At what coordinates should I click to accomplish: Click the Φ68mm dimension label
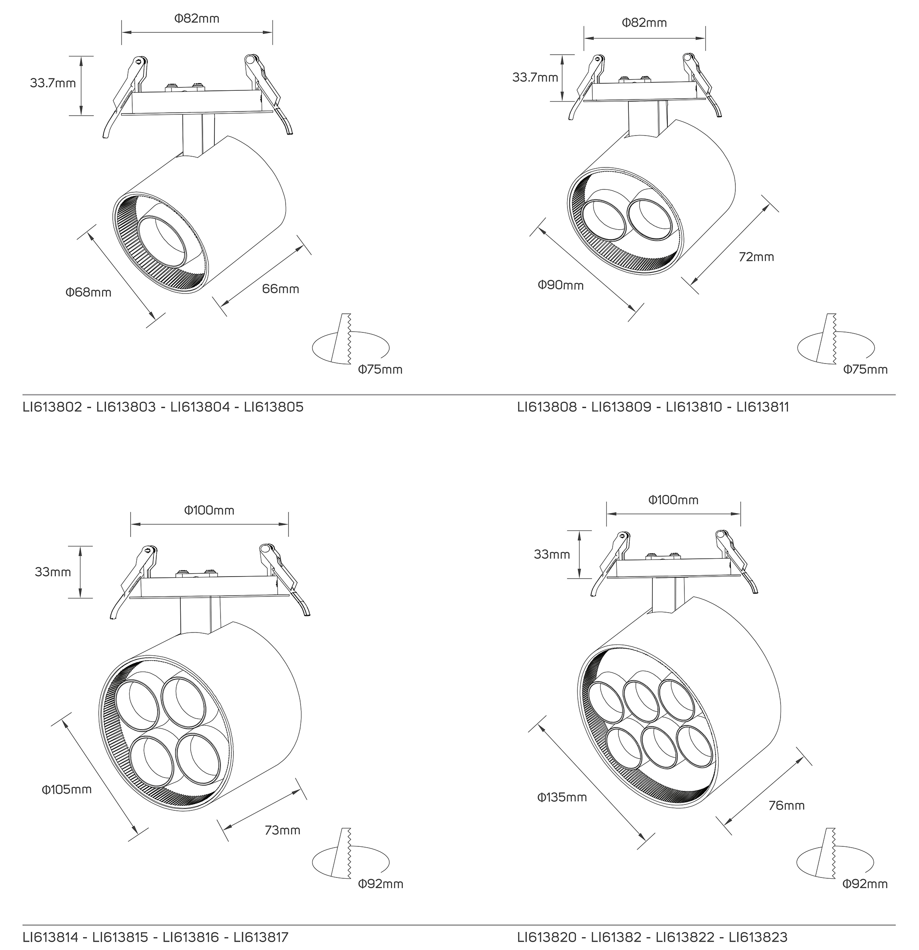pos(89,292)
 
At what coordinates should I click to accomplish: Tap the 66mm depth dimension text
pos(281,289)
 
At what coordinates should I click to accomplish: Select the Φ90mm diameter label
pos(561,285)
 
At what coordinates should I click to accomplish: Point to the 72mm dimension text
pos(756,257)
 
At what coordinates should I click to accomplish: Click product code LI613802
pos(53,407)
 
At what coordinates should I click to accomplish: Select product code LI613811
pos(763,407)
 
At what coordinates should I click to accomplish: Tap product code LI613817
pos(261,937)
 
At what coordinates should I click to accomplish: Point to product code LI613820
pos(547,937)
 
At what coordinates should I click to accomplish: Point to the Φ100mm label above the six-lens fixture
pos(673,500)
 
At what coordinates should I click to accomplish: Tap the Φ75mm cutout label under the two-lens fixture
pos(865,370)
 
